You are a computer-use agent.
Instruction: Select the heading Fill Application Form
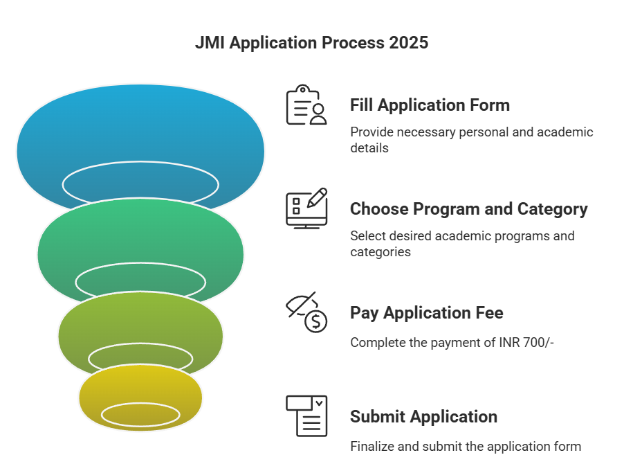point(430,105)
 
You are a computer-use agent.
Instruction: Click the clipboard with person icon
point(306,105)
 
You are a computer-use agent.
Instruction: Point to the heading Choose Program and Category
point(469,209)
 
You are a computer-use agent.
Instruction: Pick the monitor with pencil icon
point(306,208)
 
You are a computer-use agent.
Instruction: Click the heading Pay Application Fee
point(427,313)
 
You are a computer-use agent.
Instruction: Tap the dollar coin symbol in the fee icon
point(316,321)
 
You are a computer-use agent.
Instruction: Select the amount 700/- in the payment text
point(539,342)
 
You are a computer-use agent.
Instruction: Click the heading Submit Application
point(424,417)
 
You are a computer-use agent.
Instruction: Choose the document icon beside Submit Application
point(306,416)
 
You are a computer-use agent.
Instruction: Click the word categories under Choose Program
point(380,252)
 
